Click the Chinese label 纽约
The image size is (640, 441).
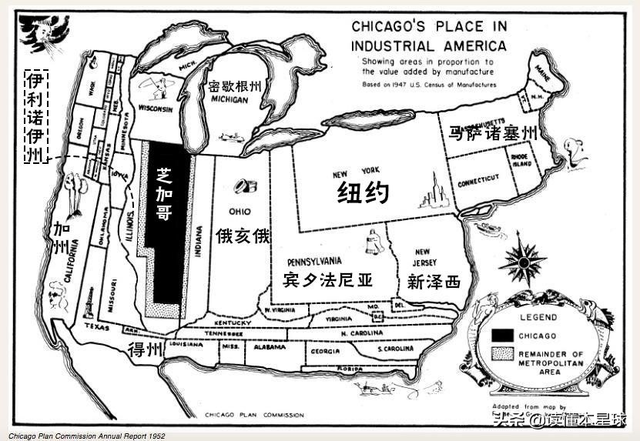(x=363, y=192)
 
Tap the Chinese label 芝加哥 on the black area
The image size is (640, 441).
(x=163, y=193)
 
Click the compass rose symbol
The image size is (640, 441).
(x=522, y=262)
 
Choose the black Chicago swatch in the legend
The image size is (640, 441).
(x=504, y=335)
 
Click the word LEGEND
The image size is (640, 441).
(x=538, y=316)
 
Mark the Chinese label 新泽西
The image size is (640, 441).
(x=434, y=282)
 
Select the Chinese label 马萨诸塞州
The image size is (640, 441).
(x=492, y=133)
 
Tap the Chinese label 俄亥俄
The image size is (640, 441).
(x=243, y=236)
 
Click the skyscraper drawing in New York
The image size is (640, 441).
(x=433, y=192)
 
